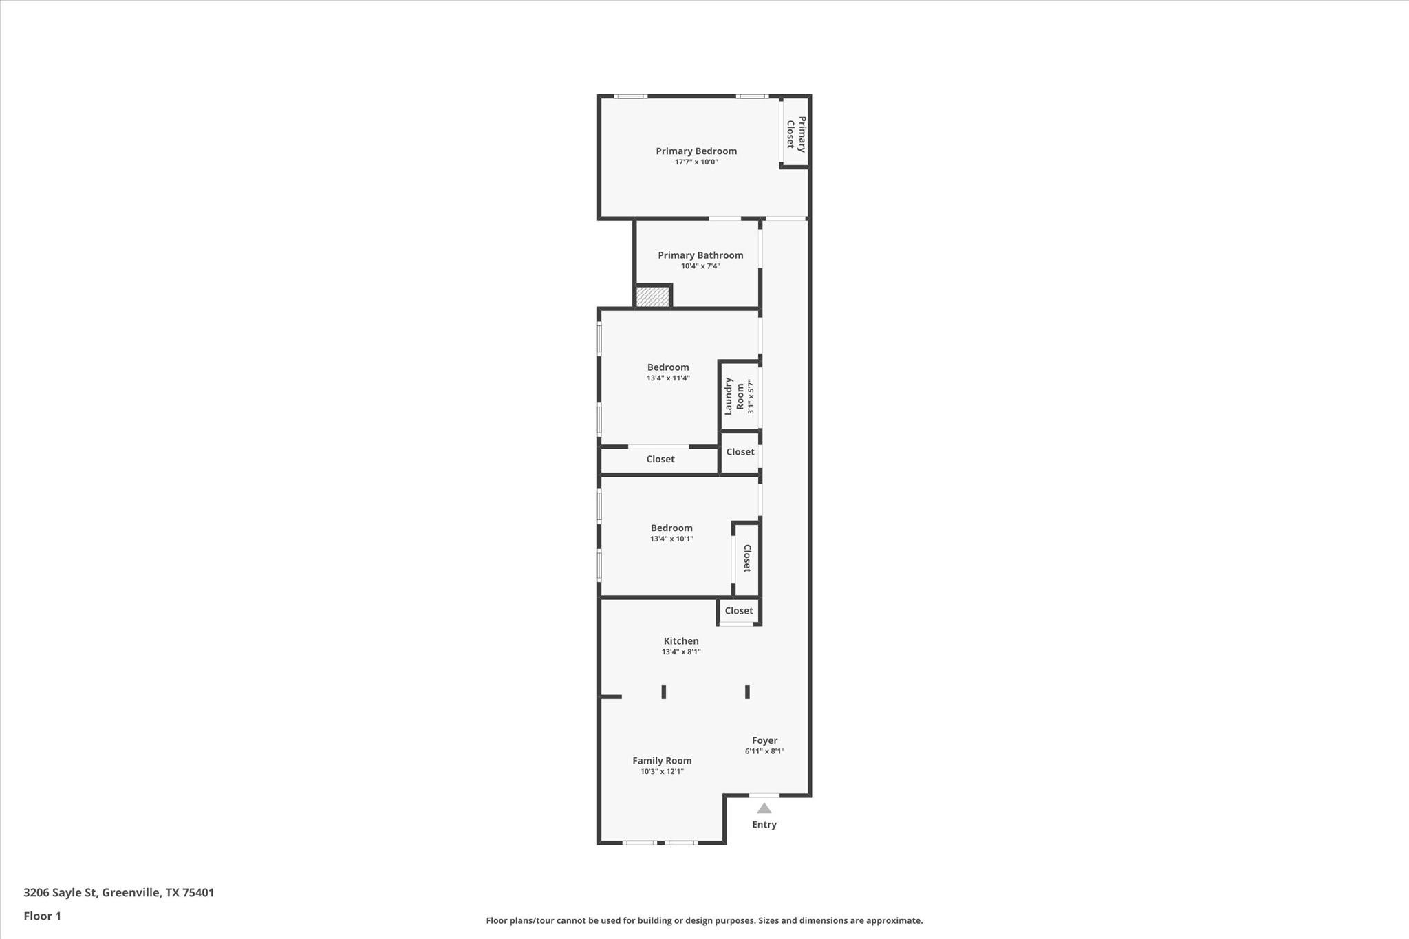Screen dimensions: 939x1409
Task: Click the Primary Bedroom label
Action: [696, 151]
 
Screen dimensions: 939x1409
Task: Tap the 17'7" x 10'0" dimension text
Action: [696, 162]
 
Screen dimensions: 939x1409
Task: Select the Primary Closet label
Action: [796, 133]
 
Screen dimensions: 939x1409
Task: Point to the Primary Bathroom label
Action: [700, 255]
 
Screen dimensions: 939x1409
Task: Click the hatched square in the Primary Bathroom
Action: [652, 297]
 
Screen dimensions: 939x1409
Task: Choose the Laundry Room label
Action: [734, 396]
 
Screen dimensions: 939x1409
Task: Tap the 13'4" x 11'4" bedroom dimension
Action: [667, 378]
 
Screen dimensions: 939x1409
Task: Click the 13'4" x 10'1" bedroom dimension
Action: [671, 539]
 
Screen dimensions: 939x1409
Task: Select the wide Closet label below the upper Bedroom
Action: [660, 460]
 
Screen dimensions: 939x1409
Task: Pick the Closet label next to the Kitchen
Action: [738, 611]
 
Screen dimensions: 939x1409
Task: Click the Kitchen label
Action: [680, 641]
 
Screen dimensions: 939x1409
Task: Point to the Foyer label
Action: [764, 741]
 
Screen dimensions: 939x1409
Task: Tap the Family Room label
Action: [661, 761]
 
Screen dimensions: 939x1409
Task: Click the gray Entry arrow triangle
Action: [764, 808]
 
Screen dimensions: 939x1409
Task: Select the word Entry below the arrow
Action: [764, 825]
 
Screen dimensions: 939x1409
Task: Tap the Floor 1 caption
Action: [42, 916]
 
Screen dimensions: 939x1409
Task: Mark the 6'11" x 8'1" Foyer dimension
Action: [764, 752]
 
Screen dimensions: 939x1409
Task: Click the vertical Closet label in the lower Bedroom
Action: [746, 558]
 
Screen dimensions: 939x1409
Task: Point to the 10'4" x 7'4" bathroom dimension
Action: [700, 266]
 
